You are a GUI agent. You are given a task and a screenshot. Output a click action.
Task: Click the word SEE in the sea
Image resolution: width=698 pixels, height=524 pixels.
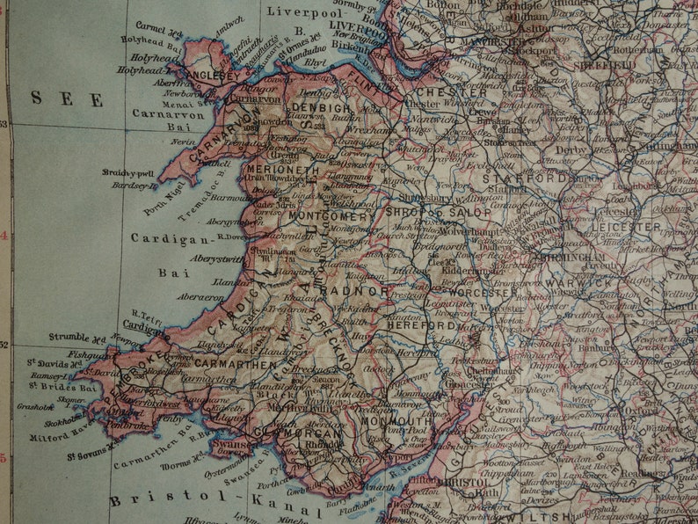pos(67,98)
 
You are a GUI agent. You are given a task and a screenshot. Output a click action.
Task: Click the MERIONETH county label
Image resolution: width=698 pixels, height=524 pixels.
pos(282,170)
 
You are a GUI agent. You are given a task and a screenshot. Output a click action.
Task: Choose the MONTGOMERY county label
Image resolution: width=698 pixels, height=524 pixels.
pos(331,216)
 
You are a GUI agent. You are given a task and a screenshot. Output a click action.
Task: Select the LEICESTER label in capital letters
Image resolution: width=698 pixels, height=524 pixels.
pos(626,227)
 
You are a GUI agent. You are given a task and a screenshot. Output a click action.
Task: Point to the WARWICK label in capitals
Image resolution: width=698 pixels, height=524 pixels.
pos(578,283)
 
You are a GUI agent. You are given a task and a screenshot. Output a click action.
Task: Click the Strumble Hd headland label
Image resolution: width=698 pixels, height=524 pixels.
pos(77,336)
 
